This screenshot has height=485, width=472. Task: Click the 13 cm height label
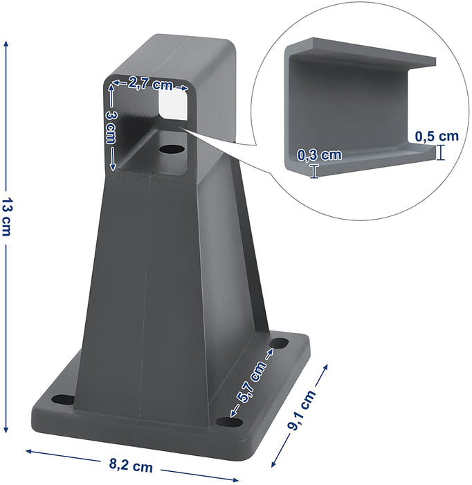tap(6, 216)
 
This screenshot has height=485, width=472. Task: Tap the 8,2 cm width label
tap(131, 465)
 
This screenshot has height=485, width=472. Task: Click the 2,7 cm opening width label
tap(150, 84)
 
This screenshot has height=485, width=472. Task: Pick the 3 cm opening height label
tap(110, 127)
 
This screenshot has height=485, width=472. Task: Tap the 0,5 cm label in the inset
tap(437, 136)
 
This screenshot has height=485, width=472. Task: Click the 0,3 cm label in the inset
tap(320, 155)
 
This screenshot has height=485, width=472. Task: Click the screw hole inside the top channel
tap(172, 150)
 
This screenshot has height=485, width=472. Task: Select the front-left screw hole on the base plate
tap(63, 399)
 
